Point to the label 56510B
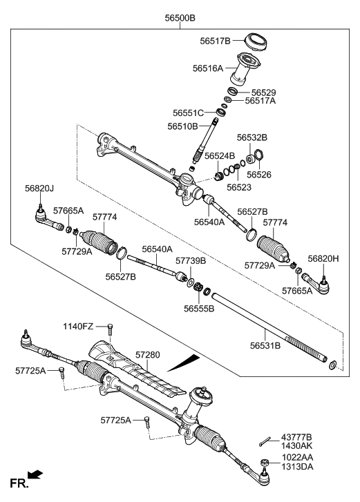coord(183,126)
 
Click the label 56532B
coord(252,138)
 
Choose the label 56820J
coord(39,188)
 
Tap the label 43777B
coord(296,438)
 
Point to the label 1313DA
coord(296,466)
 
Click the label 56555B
coord(198,309)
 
